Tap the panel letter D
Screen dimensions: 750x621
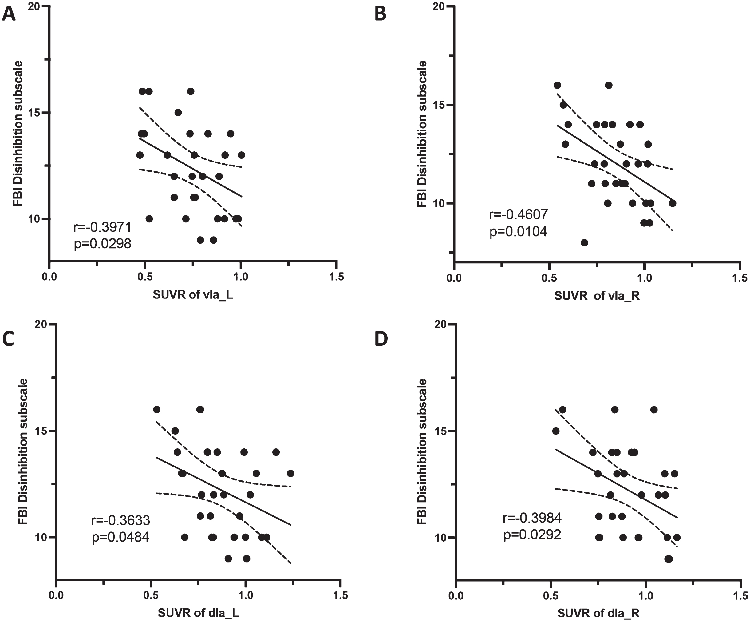381,339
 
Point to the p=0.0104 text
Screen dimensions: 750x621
518,232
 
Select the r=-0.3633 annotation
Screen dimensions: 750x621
121,520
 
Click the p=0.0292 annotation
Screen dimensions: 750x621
532,535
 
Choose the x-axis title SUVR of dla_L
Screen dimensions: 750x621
199,613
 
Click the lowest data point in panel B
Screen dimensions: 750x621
584,243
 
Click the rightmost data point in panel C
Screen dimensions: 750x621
290,473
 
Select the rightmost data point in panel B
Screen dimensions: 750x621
673,203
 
